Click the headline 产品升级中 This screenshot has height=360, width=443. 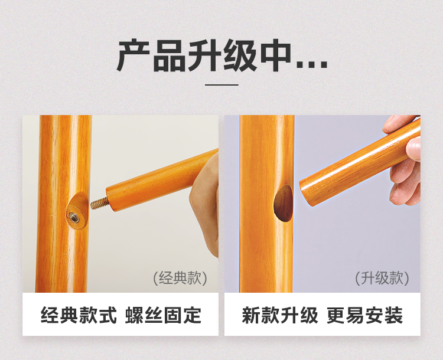click(221, 55)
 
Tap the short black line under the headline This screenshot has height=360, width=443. click(221, 84)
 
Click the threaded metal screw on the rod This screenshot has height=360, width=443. click(99, 203)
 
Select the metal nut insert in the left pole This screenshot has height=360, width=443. click(74, 217)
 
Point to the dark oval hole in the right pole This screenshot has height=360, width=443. click(283, 203)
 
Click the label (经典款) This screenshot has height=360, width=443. click(180, 278)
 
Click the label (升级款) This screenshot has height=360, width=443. click(382, 278)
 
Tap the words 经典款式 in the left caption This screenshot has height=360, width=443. click(79, 315)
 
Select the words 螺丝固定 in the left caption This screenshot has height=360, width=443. click(163, 315)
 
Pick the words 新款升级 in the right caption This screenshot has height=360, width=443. click(280, 315)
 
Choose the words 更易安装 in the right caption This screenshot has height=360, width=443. click(365, 315)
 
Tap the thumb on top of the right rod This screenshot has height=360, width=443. click(399, 125)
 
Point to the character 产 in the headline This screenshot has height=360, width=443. click(133, 55)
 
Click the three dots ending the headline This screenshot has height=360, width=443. click(312, 66)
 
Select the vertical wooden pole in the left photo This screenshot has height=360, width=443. click(64, 204)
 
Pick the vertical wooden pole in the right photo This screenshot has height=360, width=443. click(267, 204)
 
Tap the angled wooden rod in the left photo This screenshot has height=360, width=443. click(162, 181)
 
